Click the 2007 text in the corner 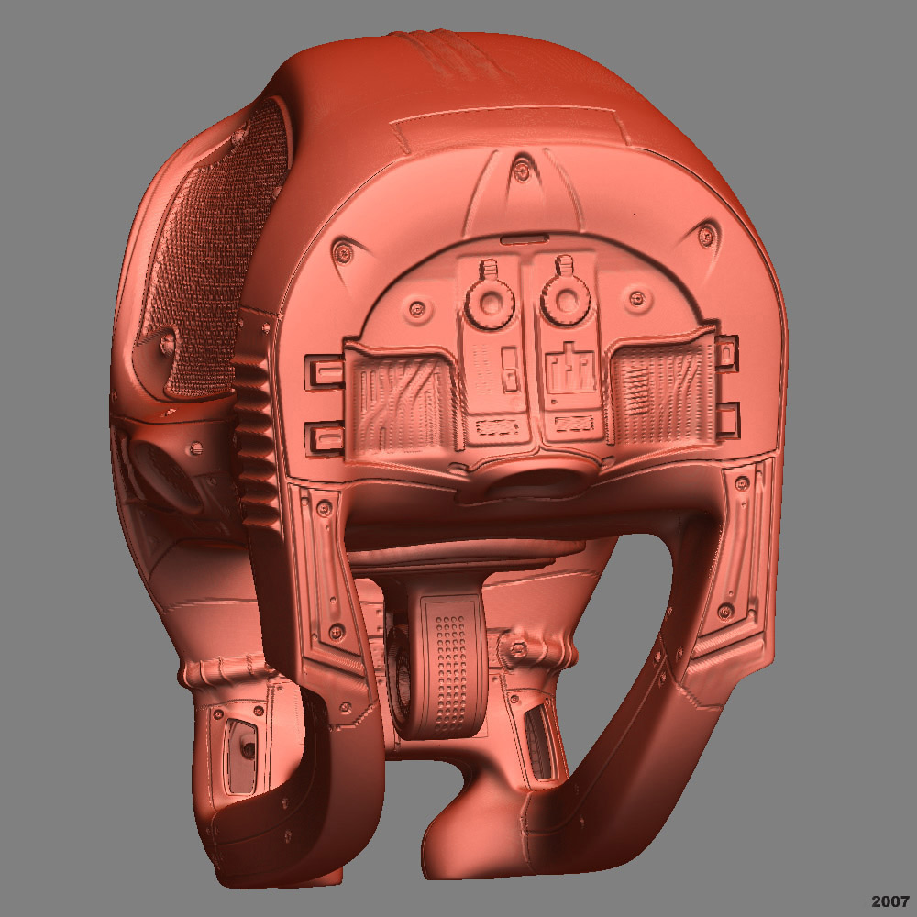point(890,901)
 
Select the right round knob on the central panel point(566,300)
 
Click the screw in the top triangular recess point(521,171)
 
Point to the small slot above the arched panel point(525,238)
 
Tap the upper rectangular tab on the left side point(324,372)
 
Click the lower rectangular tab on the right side point(728,421)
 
